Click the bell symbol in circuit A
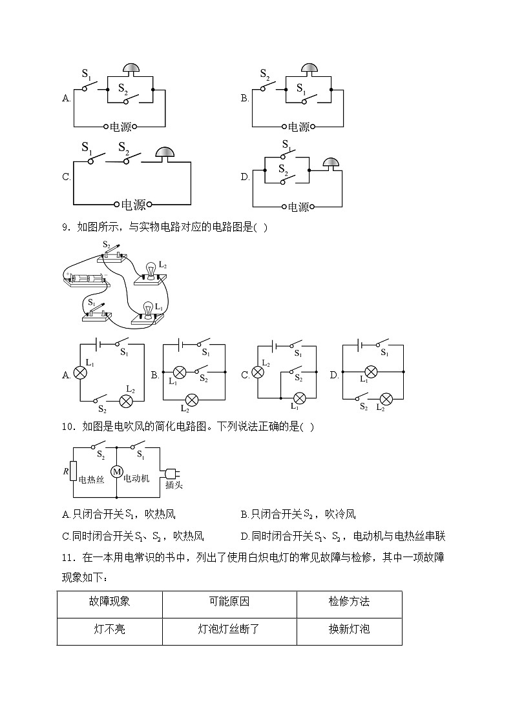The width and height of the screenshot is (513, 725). pos(131,69)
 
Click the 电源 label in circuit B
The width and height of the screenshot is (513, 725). pos(298,127)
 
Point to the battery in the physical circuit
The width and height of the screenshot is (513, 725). pos(85,280)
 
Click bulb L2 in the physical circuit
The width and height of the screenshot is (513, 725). pos(151,271)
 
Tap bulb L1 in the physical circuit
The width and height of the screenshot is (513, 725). pos(148,309)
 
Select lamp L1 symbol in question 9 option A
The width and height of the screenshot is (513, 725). pos(80,373)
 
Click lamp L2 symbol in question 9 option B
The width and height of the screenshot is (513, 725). pos(191,398)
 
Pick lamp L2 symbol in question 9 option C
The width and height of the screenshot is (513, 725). pos(258,372)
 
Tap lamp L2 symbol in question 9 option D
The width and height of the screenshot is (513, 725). pos(386,398)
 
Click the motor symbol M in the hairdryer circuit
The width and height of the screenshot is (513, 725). pos(117,472)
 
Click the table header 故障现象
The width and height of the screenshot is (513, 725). pos(109,601)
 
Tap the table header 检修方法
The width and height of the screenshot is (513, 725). pos(349,601)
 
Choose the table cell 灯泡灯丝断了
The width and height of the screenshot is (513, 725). pos(229,628)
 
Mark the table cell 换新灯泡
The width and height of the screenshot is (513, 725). pos(349,628)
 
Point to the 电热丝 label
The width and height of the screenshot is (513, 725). pos(91,480)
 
